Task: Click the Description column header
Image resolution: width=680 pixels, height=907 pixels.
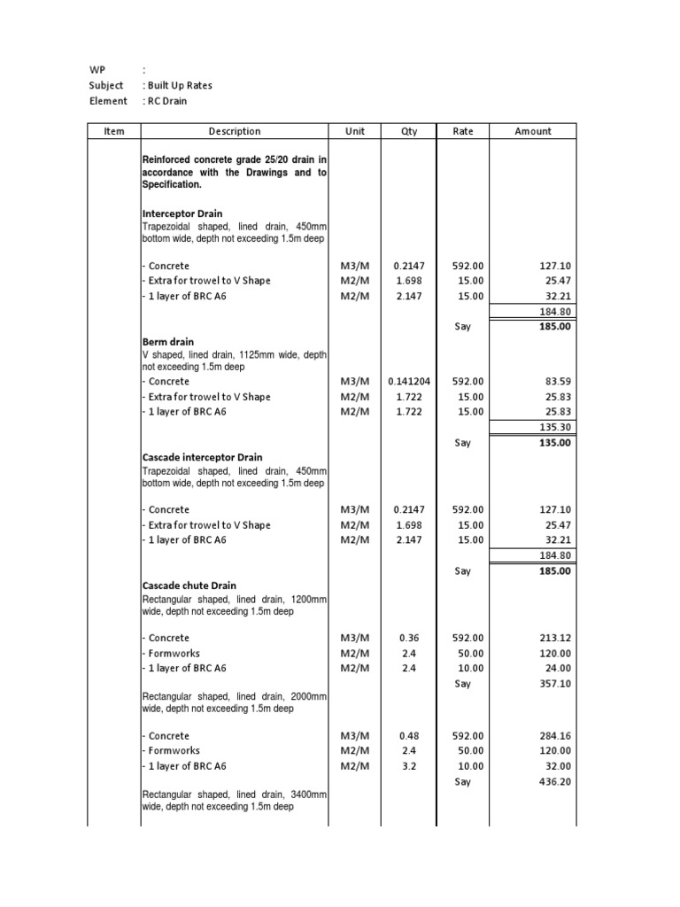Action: (x=235, y=131)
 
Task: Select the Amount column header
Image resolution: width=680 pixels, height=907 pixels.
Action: (x=532, y=131)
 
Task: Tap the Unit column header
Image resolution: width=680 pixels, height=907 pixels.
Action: (x=354, y=131)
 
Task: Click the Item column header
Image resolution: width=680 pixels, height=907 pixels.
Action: (x=114, y=131)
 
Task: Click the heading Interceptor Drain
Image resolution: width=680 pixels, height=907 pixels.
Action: (x=182, y=214)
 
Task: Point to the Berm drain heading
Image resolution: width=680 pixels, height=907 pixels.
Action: (x=168, y=342)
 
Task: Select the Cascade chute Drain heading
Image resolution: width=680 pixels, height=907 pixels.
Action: (x=189, y=586)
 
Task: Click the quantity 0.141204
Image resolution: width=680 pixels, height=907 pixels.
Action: (x=409, y=382)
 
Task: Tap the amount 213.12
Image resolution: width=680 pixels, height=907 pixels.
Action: (x=554, y=639)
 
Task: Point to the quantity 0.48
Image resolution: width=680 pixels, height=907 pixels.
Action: (x=409, y=736)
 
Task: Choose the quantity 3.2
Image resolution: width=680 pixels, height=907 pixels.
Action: (x=409, y=766)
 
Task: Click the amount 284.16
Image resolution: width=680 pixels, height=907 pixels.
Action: (x=554, y=736)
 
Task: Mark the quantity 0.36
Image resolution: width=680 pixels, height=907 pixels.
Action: (x=409, y=639)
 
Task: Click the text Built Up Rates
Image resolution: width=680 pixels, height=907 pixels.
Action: (x=180, y=86)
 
